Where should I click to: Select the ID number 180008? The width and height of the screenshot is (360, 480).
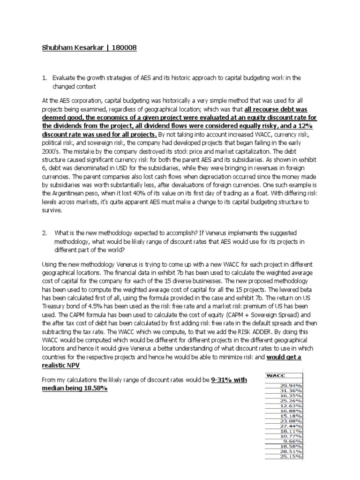coord(122,48)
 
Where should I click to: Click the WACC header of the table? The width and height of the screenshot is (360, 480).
coord(275,375)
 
